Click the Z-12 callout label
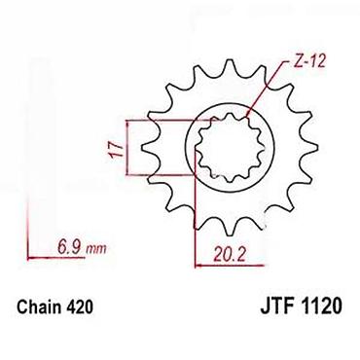[309, 60]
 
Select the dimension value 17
[116, 150]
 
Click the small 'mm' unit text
[96, 249]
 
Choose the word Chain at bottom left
[38, 306]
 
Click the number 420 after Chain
[79, 306]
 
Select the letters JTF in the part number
[275, 306]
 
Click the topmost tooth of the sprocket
[230, 65]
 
